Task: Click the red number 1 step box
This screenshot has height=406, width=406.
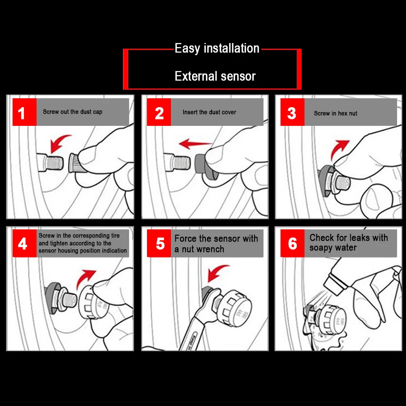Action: [x=25, y=112]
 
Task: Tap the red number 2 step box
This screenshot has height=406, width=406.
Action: [x=159, y=112]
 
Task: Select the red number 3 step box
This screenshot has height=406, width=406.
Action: [x=292, y=112]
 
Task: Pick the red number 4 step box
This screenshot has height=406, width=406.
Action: [x=25, y=243]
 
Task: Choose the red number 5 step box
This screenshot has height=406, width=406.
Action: [x=159, y=243]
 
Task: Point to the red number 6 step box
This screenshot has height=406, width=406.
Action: [x=292, y=243]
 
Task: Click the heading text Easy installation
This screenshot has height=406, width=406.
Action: [x=217, y=48]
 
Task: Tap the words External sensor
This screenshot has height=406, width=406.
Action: [x=215, y=76]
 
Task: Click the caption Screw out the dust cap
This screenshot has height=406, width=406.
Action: [x=73, y=112]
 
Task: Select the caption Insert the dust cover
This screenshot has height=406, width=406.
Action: [x=209, y=112]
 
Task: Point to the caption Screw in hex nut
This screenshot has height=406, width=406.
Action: [x=336, y=113]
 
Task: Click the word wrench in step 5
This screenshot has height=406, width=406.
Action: [x=210, y=249]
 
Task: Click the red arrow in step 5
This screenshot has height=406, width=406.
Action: [x=216, y=272]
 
